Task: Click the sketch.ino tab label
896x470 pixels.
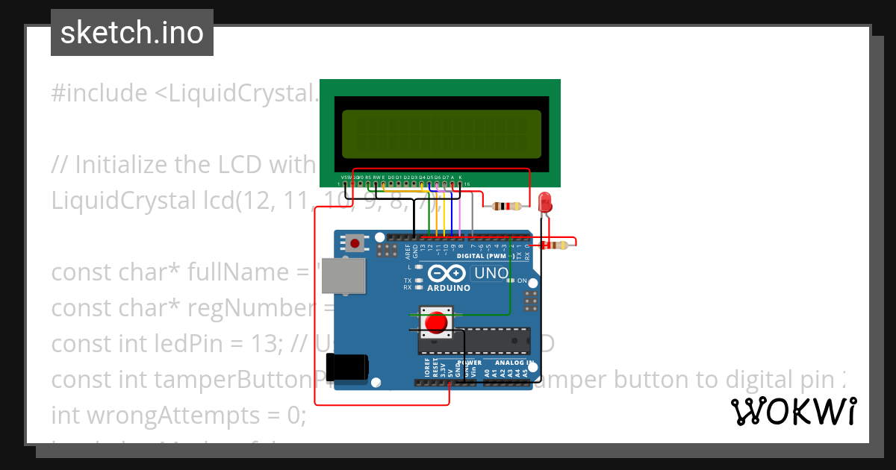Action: [132, 33]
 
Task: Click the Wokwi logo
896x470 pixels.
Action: [793, 411]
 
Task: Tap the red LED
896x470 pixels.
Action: [545, 201]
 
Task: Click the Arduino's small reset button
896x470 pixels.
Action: [355, 243]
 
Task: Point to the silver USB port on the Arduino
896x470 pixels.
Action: [343, 276]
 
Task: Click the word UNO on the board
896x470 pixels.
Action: [491, 274]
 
